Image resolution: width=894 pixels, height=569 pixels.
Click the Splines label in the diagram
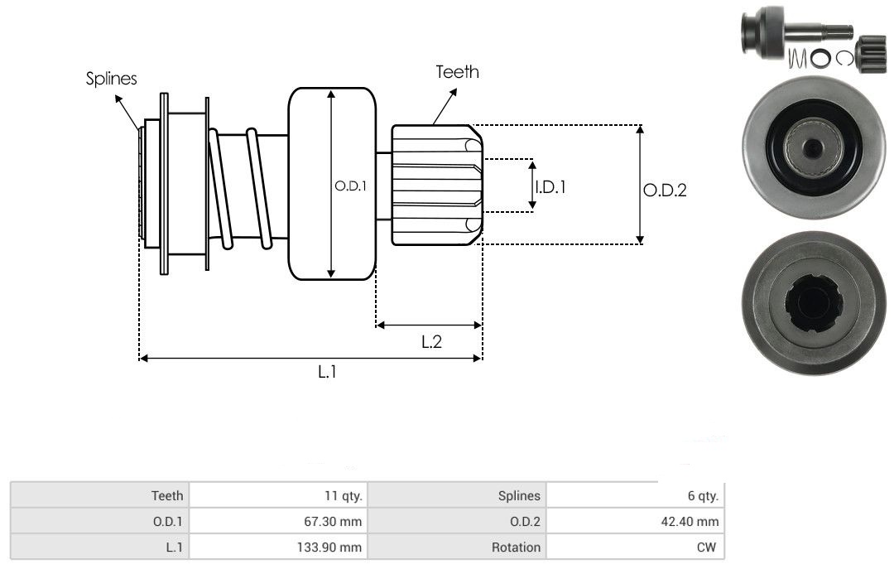point(111,78)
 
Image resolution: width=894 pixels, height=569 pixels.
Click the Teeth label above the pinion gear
point(457,72)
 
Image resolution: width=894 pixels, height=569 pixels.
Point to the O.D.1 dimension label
point(350,186)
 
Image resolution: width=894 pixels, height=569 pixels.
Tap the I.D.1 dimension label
point(550,186)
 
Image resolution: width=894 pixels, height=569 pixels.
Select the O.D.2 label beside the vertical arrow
point(665,190)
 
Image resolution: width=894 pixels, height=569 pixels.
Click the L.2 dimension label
point(431,341)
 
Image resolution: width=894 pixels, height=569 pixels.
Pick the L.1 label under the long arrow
point(327,372)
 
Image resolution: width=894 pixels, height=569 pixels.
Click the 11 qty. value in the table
point(344,495)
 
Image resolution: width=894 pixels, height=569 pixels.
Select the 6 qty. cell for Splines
point(703,495)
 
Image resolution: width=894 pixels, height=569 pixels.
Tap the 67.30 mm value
point(333,521)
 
